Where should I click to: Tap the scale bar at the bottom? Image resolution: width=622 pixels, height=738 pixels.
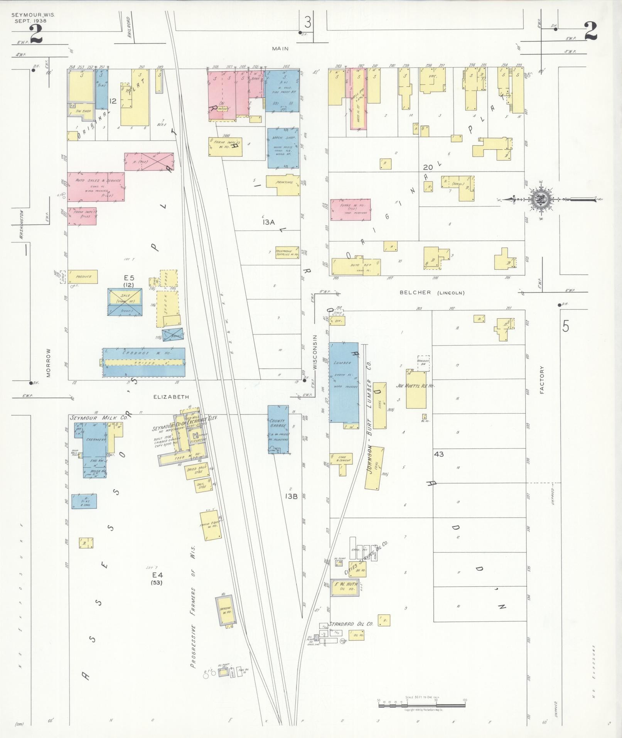click(x=422, y=704)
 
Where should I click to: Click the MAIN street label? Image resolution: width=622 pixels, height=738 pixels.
click(x=280, y=49)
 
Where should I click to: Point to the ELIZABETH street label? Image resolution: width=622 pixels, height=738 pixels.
click(x=171, y=397)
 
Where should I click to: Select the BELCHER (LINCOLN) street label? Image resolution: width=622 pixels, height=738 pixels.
click(x=432, y=292)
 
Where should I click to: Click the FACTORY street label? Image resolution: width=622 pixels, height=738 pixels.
click(x=542, y=380)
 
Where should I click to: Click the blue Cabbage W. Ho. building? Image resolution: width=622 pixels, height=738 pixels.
click(x=143, y=362)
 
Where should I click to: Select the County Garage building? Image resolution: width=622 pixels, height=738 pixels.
click(x=278, y=429)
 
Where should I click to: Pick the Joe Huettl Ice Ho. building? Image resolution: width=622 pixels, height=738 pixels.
click(x=416, y=389)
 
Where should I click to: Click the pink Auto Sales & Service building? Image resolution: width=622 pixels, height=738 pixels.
click(x=96, y=187)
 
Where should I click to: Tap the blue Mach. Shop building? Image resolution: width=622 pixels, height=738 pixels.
click(x=283, y=148)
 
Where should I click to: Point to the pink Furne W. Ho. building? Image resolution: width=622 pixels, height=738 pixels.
click(x=350, y=210)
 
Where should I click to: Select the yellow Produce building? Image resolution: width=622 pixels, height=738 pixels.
click(x=83, y=277)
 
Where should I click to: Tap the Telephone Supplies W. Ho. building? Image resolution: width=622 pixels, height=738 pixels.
click(x=287, y=252)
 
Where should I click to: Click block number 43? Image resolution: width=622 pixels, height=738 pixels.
click(x=438, y=454)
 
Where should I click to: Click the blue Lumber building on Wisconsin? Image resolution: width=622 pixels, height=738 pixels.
click(x=343, y=382)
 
